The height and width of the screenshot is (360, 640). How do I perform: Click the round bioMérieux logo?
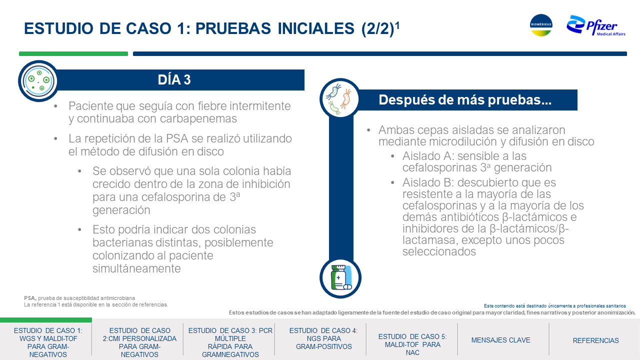pyautogui.click(x=541, y=25)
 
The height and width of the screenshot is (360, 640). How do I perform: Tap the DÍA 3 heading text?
pyautogui.click(x=174, y=79)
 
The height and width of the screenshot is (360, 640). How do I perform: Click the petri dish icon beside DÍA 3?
pyautogui.click(x=38, y=81)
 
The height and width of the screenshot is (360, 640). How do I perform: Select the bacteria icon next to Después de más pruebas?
pyautogui.click(x=340, y=99)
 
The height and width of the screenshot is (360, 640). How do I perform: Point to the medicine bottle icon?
pyautogui.click(x=340, y=277)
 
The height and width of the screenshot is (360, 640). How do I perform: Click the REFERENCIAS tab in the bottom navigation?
pyautogui.click(x=595, y=340)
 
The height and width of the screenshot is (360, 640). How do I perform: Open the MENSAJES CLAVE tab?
pyautogui.click(x=500, y=340)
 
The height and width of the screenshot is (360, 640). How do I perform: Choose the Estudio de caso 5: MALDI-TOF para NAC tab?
pyautogui.click(x=412, y=344)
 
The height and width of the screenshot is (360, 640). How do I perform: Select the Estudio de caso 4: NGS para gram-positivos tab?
pyautogui.click(x=323, y=338)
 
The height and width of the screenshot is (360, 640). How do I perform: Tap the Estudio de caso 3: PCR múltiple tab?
pyautogui.click(x=230, y=342)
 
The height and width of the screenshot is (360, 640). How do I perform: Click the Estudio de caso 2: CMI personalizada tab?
pyautogui.click(x=139, y=342)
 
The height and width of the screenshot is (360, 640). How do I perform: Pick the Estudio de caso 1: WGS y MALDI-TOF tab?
pyautogui.click(x=48, y=342)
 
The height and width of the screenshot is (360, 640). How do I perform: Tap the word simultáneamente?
pyautogui.click(x=136, y=268)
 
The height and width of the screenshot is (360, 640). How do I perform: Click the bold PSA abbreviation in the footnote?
pyautogui.click(x=30, y=298)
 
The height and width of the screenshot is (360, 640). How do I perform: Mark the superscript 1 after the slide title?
pyautogui.click(x=397, y=25)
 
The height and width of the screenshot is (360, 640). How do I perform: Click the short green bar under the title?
pyautogui.click(x=73, y=53)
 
